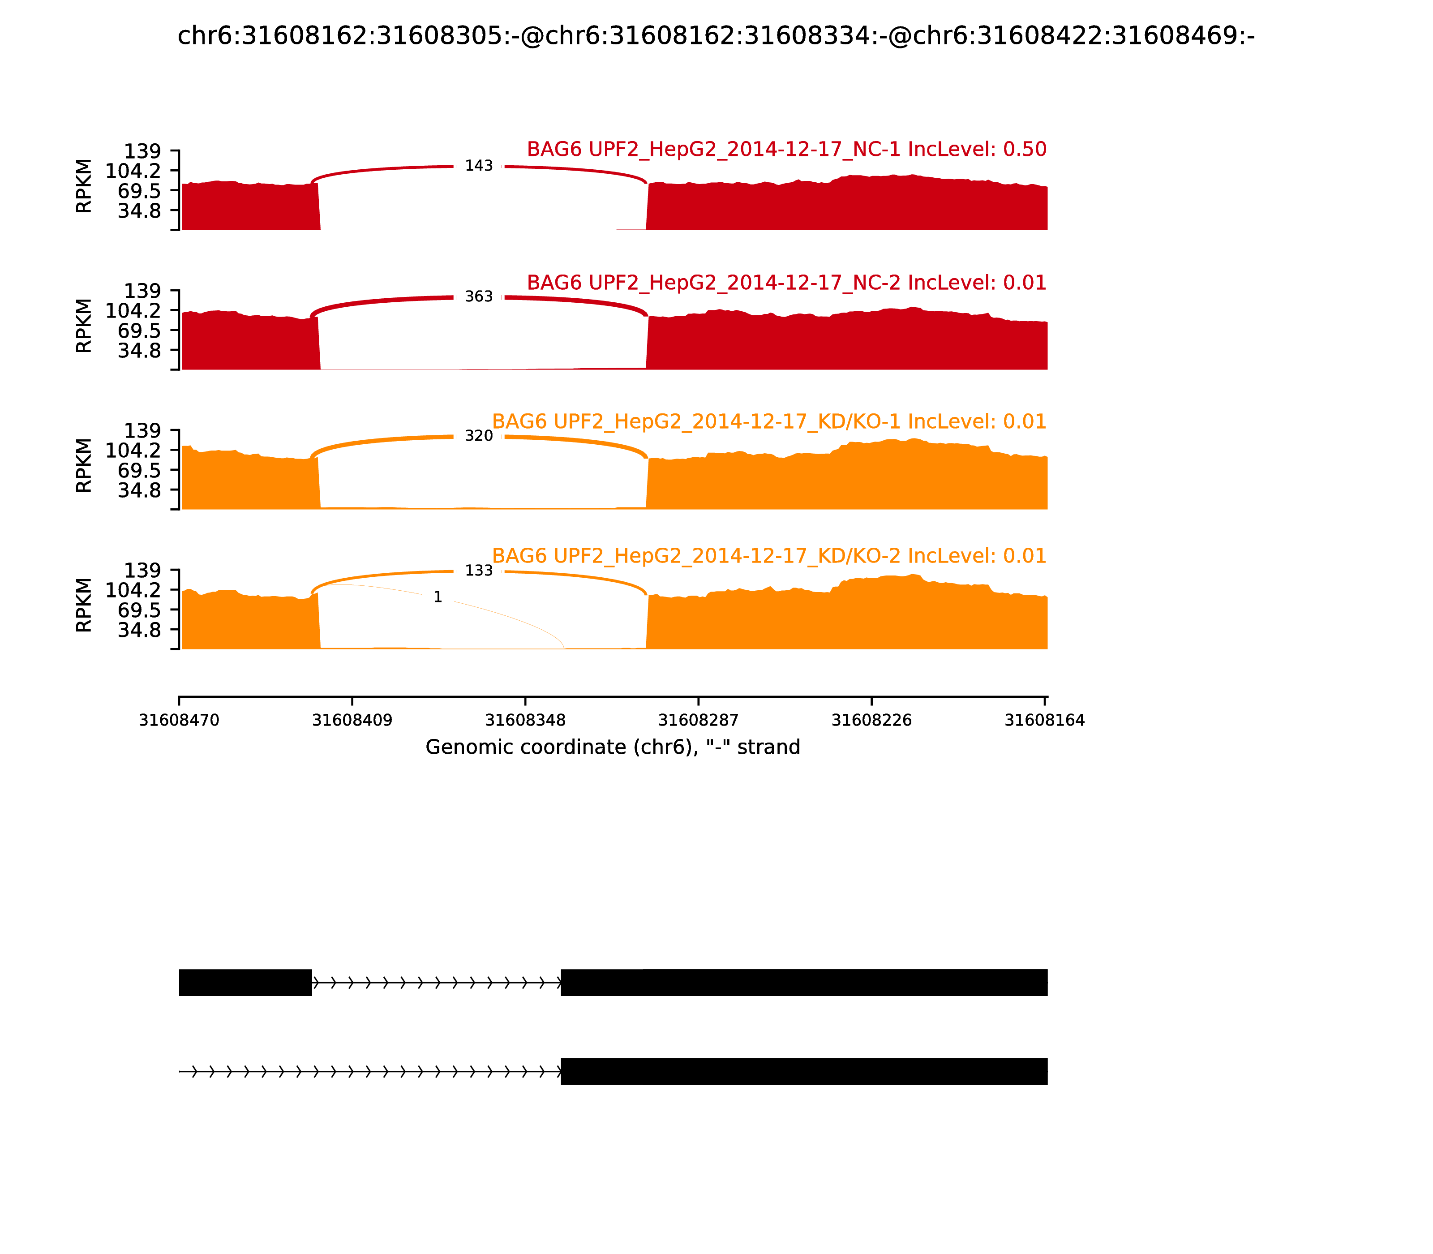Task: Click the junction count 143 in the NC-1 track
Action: point(479,166)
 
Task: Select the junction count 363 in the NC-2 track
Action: point(479,296)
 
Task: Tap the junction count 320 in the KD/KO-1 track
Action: point(479,436)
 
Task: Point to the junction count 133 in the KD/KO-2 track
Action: point(479,571)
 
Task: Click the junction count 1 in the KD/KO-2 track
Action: point(438,597)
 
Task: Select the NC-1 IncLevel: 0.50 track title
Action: point(786,149)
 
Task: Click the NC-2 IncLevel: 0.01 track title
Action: point(786,283)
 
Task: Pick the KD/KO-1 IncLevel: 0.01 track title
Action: point(769,422)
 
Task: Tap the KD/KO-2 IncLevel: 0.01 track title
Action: point(769,556)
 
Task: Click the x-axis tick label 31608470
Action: point(179,720)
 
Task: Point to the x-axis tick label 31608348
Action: point(525,720)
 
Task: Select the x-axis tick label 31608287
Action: point(698,720)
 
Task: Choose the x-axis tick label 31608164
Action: point(1044,720)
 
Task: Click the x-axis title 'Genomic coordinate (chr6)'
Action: point(612,747)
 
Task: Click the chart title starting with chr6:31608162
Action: point(716,36)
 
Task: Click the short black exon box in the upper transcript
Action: point(245,983)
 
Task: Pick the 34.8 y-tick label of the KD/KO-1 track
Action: point(139,490)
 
